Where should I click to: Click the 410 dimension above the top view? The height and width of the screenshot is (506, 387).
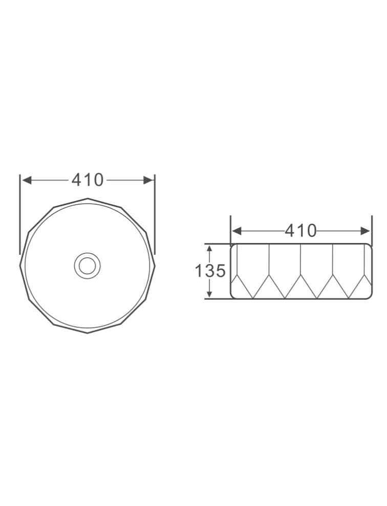pos(88,180)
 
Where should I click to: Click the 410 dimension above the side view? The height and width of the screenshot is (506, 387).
pos(301,231)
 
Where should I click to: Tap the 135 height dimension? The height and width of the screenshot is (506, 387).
pos(210,271)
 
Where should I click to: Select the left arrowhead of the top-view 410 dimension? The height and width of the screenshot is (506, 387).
pos(27,180)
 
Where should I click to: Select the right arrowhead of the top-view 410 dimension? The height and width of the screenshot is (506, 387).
pos(148,180)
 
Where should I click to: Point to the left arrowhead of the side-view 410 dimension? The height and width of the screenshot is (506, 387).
pos(237,231)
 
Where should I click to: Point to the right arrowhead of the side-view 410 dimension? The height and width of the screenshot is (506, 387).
pos(365,231)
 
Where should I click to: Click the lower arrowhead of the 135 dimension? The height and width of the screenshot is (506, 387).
pos(209,293)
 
